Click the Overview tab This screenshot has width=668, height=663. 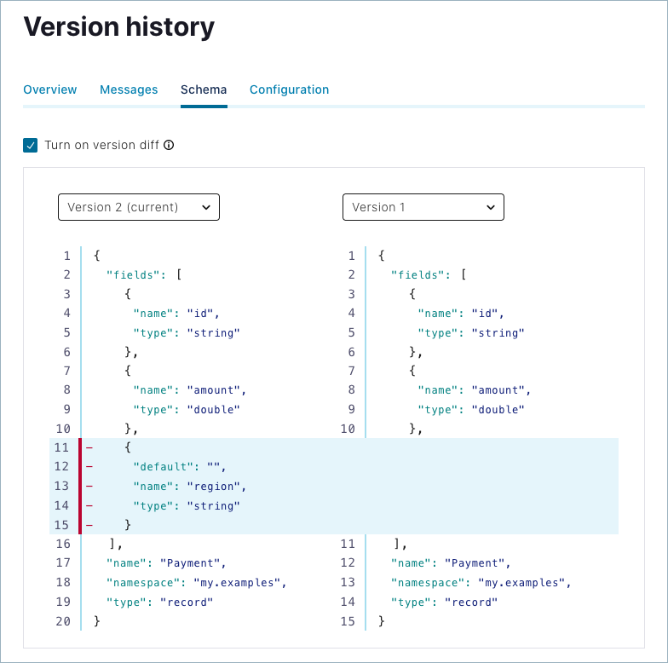point(50,89)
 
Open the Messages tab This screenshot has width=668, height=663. point(129,89)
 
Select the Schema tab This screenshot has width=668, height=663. point(204,89)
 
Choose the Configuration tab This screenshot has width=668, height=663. point(289,89)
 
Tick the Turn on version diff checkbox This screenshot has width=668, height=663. point(31,145)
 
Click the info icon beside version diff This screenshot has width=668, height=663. point(169,145)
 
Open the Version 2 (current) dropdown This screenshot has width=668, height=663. point(139,207)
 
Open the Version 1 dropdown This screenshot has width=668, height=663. point(423,207)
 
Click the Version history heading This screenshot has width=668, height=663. point(118,27)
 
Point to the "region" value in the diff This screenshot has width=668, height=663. point(216,486)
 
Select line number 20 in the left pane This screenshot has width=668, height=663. point(63,621)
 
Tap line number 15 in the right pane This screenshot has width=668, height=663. point(348,621)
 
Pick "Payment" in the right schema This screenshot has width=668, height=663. point(480,563)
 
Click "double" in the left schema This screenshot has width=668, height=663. point(213,409)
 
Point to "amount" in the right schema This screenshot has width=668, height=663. point(500,390)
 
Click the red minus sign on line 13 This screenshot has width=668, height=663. point(89,486)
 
